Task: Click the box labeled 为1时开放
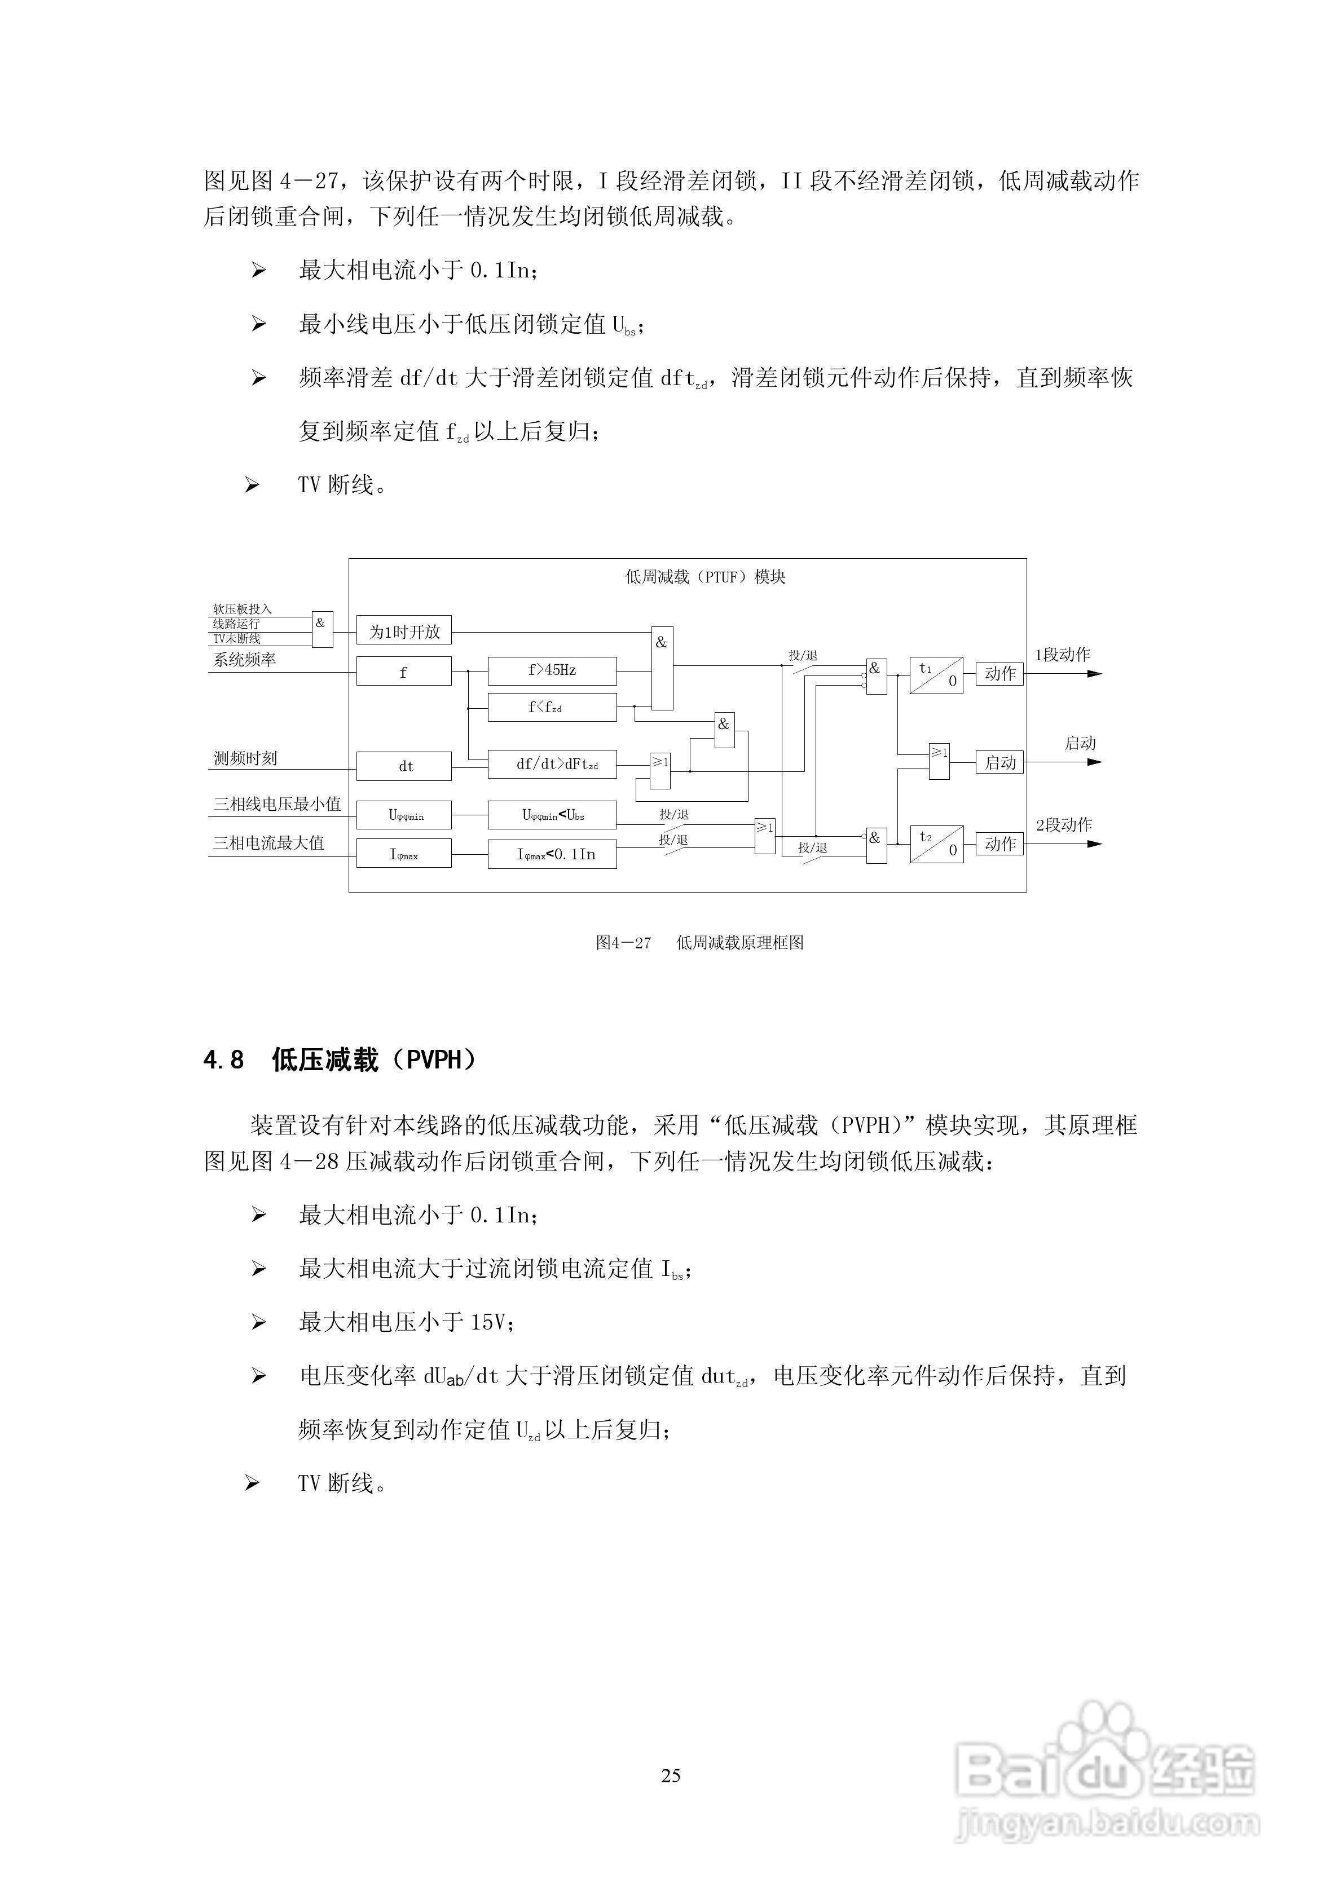click(404, 632)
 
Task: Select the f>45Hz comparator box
click(552, 671)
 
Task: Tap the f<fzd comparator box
click(552, 708)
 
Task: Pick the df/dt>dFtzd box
click(552, 765)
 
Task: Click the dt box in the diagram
click(404, 766)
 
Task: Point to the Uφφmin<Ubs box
click(552, 815)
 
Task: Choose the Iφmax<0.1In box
click(552, 854)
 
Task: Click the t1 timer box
click(936, 675)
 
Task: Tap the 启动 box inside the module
click(999, 762)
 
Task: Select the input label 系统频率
click(244, 660)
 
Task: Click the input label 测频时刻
click(245, 758)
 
